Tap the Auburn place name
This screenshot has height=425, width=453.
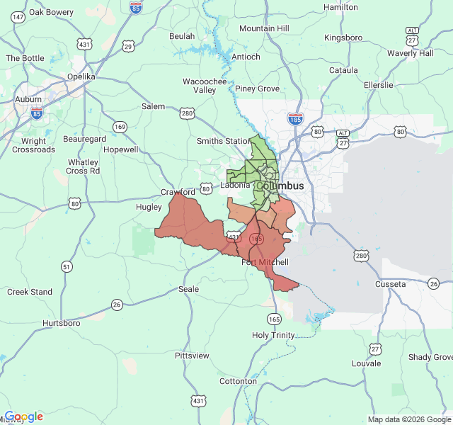(x=28, y=100)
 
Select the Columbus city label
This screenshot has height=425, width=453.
(x=280, y=186)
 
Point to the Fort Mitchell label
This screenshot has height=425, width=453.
(x=265, y=262)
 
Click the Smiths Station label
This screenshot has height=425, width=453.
(x=224, y=141)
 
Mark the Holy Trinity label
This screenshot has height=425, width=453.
(x=274, y=335)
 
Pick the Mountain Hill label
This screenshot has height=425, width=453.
(x=264, y=28)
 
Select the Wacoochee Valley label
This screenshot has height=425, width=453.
(x=205, y=86)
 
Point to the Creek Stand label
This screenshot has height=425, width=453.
(x=30, y=292)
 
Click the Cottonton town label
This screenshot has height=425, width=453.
(x=239, y=381)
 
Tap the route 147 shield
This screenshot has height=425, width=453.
(x=18, y=17)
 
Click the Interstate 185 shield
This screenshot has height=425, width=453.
(x=296, y=119)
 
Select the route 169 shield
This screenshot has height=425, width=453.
(x=120, y=127)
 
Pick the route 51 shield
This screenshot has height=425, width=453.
(x=67, y=267)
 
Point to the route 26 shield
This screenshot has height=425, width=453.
(x=117, y=305)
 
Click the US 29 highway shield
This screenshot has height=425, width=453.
(x=128, y=46)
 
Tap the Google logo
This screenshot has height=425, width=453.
(x=24, y=416)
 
